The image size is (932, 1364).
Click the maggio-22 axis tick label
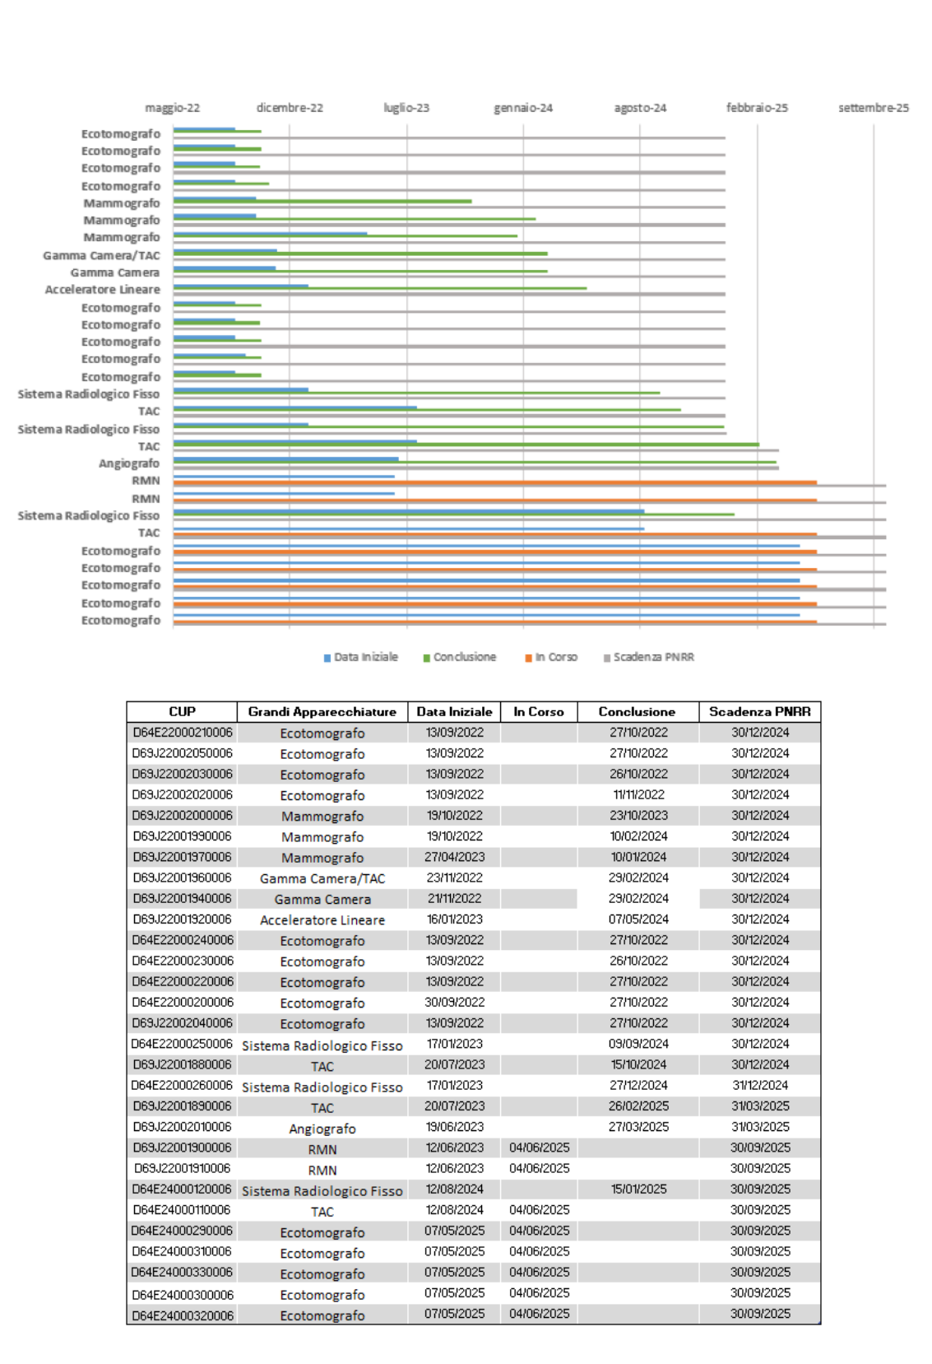pos(172,108)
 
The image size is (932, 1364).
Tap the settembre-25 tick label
pos(874,108)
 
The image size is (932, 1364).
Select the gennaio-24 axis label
pos(523,108)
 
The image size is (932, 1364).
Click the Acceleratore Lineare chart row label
pos(102,289)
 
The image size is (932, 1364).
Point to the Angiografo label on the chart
pos(129,463)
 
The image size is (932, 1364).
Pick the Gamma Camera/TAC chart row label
pos(102,255)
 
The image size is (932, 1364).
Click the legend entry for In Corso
pos(551,657)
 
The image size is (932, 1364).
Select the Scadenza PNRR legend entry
pos(648,657)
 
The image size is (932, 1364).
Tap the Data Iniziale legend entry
pos(361,657)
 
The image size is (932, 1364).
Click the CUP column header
pos(182,711)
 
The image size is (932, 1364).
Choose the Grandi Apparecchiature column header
pos(322,711)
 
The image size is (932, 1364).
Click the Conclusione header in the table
pos(637,711)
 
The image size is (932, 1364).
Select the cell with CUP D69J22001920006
pos(182,919)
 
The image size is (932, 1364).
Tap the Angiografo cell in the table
pos(322,1129)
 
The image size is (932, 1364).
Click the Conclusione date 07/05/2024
pos(638,919)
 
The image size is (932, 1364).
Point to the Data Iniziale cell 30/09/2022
pos(454,1002)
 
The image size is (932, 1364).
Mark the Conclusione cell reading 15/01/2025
pos(638,1189)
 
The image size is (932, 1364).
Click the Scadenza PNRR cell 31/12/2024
pos(760,1085)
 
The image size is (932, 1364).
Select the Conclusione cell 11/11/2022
pos(638,794)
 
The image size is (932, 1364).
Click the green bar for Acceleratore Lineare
pos(380,289)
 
